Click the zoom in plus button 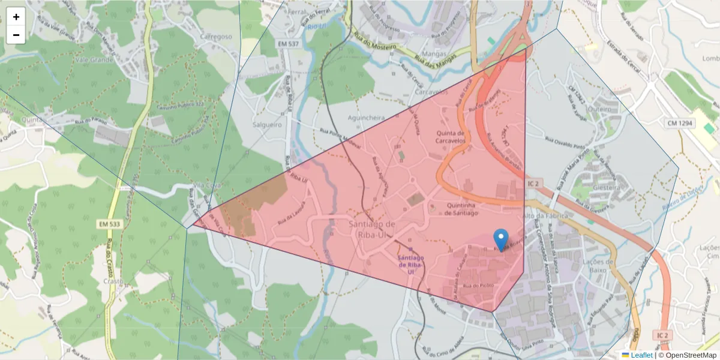click(16, 17)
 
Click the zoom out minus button click(16, 35)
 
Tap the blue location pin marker click(500, 239)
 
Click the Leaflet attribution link click(641, 355)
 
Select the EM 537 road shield click(288, 44)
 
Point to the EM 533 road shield click(108, 224)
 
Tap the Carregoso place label click(215, 37)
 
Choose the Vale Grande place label click(94, 60)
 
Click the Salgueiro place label click(267, 125)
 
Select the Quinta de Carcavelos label click(451, 137)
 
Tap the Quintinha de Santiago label click(462, 209)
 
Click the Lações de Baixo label click(593, 265)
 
